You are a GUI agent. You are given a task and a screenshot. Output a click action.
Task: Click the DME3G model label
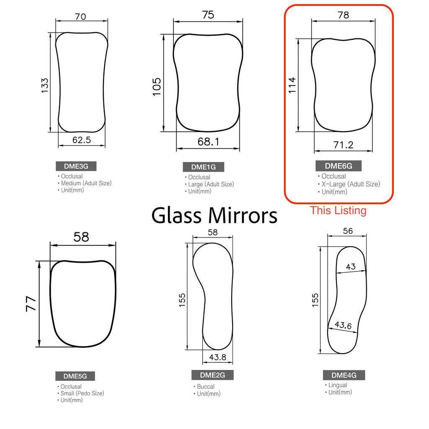tap(76, 166)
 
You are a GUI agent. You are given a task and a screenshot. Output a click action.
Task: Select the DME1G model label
tap(204, 167)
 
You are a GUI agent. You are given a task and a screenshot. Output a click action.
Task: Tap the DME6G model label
tap(339, 166)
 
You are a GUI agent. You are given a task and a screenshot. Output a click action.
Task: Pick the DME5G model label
tap(75, 376)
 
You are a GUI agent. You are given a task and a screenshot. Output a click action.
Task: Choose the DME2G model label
tap(212, 375)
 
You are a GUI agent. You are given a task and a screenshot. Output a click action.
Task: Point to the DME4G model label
tap(344, 375)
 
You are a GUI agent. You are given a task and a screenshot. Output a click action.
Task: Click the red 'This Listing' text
tap(338, 211)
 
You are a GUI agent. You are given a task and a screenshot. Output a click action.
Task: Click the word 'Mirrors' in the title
tap(243, 216)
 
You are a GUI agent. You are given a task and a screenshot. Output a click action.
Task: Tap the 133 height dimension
tap(44, 85)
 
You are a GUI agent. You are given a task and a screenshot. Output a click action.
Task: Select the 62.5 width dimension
tap(82, 140)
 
